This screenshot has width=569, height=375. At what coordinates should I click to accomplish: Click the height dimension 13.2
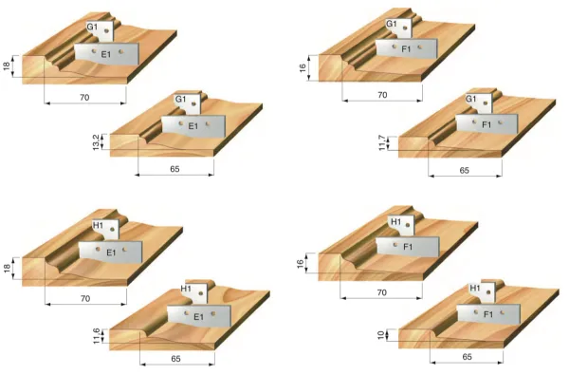[x=95, y=142]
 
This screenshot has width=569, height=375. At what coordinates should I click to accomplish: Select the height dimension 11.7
[x=383, y=142]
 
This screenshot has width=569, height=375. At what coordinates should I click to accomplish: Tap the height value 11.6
[x=95, y=336]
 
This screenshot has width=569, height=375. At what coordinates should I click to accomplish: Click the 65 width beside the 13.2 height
[x=174, y=168]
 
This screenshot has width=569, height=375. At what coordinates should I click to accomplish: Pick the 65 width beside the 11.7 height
[x=465, y=170]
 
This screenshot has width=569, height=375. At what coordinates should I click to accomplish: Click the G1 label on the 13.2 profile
[x=180, y=99]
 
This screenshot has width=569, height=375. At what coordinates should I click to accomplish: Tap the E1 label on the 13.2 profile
[x=193, y=125]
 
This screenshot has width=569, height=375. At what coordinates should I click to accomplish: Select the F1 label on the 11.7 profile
[x=486, y=124]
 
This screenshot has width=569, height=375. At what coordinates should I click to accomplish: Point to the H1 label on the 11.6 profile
[x=186, y=288]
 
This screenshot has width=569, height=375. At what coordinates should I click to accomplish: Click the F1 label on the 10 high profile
[x=488, y=312]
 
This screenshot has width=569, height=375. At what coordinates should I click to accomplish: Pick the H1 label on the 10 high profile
[x=475, y=287]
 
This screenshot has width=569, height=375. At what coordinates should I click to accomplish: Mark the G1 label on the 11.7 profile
[x=470, y=99]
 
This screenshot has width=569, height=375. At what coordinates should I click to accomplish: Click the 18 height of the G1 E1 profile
[x=7, y=66]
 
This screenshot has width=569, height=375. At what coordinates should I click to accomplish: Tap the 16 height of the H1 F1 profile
[x=302, y=263]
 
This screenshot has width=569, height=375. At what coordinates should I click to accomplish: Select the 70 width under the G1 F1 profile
[x=382, y=95]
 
